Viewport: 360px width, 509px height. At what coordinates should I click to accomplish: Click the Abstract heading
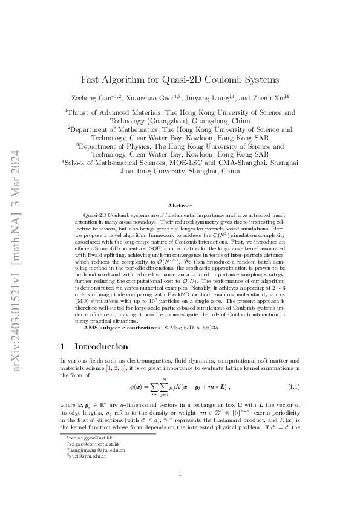click(180, 206)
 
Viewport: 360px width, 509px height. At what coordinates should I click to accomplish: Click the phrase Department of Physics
click(118, 146)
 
